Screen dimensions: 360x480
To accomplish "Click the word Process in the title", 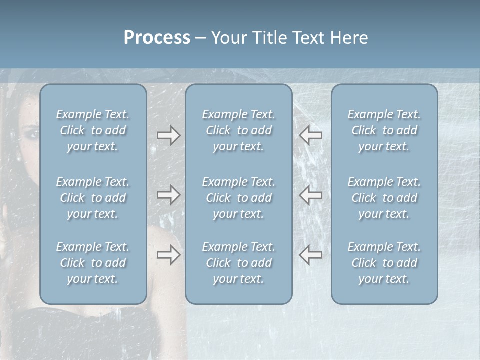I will (157, 38).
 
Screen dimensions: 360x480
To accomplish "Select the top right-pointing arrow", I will (169, 135).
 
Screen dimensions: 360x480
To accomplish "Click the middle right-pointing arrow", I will (169, 195).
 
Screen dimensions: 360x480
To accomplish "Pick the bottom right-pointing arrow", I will (169, 255).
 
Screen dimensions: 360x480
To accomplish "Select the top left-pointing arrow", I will (310, 135).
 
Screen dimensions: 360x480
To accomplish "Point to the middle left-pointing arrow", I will (310, 195).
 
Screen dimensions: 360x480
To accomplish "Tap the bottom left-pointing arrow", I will (310, 255).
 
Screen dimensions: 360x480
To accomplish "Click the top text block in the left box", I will (93, 130).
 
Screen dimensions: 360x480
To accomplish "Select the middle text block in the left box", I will (93, 198).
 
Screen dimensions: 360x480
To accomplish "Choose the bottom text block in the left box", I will (93, 263).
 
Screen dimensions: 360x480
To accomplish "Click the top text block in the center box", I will (239, 130).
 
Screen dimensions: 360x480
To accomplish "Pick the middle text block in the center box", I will (239, 198).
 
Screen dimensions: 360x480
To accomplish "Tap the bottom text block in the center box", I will (239, 263).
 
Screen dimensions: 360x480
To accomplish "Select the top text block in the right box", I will (384, 130).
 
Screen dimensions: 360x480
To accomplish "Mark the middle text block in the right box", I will (384, 198).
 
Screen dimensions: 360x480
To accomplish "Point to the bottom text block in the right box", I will (384, 263).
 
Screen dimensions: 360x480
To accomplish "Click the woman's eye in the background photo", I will (29, 134).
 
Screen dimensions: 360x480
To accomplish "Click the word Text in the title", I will (309, 38).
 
